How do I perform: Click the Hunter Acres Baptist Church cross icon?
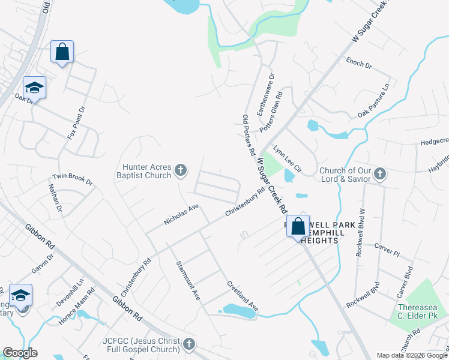pyautogui.click(x=179, y=172)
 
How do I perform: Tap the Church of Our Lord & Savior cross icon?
pyautogui.click(x=379, y=174)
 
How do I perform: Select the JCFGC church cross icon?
pyautogui.click(x=189, y=344)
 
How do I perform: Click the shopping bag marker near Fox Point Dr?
pyautogui.click(x=62, y=52)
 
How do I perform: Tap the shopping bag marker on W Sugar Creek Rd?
pyautogui.click(x=298, y=226)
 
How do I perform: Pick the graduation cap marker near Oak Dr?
pyautogui.click(x=34, y=88)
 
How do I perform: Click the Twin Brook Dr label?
pyautogui.click(x=73, y=179)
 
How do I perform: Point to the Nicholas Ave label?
pyautogui.click(x=181, y=215)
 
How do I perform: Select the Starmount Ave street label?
pyautogui.click(x=188, y=280)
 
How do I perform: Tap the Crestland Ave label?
pyautogui.click(x=242, y=295)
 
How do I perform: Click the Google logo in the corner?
pyautogui.click(x=20, y=353)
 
